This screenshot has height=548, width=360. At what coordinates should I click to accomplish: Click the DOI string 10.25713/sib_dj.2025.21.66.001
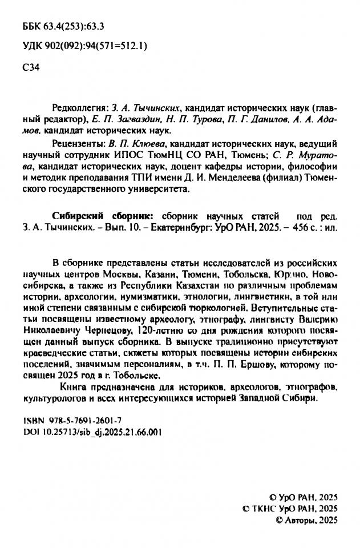[101, 432]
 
